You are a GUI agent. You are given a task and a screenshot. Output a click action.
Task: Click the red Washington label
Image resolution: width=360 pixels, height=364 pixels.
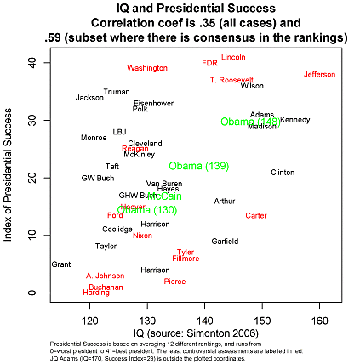(x=147, y=67)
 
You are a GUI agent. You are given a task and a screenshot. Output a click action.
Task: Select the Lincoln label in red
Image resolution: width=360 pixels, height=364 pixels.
(x=233, y=57)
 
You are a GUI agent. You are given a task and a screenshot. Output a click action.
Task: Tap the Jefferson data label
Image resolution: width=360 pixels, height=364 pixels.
(x=319, y=75)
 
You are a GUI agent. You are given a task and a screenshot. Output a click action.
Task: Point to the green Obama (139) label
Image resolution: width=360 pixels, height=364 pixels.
(x=198, y=166)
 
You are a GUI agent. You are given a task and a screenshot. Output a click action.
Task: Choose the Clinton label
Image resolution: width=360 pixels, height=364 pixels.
(x=283, y=172)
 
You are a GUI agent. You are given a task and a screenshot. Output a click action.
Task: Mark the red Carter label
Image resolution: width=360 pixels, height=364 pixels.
(x=256, y=216)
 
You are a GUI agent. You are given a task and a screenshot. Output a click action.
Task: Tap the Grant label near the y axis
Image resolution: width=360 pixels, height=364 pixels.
(x=61, y=264)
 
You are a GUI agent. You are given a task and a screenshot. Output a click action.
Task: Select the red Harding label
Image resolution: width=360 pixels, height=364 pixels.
(x=95, y=293)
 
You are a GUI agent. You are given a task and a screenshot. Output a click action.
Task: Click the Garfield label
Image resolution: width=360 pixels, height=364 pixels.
(x=225, y=242)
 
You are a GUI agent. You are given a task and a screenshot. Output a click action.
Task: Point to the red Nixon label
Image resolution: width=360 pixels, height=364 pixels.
(x=142, y=236)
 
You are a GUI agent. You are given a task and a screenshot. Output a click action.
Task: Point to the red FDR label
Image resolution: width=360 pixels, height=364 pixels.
(x=209, y=63)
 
